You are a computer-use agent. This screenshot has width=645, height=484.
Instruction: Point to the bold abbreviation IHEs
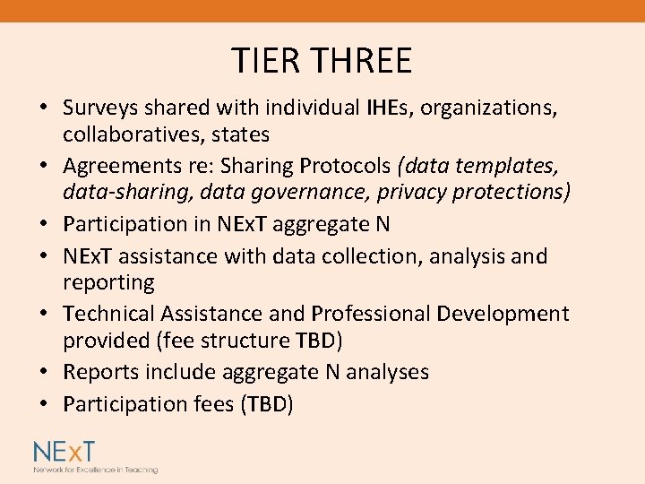(x=389, y=108)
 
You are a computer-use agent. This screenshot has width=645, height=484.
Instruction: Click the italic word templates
(x=510, y=167)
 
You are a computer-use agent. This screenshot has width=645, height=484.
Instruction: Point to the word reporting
(x=108, y=282)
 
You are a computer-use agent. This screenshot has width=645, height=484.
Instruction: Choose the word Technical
(x=109, y=314)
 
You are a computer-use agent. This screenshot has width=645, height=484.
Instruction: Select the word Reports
(x=99, y=372)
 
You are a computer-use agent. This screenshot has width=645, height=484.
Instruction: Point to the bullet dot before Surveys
(x=43, y=109)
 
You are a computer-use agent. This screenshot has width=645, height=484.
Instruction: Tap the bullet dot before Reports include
(x=43, y=373)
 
